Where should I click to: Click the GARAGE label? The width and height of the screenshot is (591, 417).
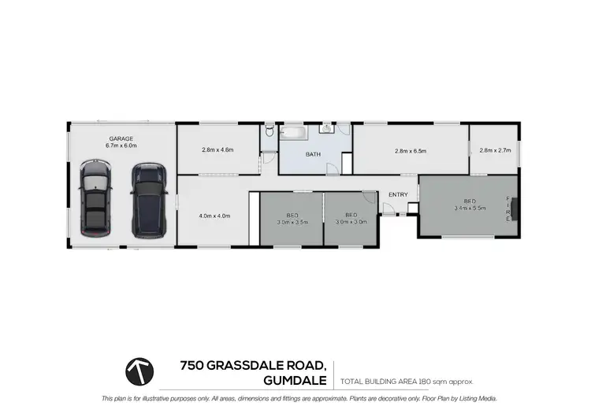(x=121, y=138)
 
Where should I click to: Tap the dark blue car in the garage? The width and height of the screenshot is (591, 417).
(x=148, y=201)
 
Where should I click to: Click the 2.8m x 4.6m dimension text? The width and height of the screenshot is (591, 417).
(x=218, y=149)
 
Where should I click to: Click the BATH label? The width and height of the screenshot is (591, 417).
(x=313, y=154)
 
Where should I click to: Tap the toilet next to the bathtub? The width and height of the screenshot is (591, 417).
(x=269, y=131)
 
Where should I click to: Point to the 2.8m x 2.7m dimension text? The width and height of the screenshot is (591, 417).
(x=495, y=150)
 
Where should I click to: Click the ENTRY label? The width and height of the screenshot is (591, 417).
(x=398, y=194)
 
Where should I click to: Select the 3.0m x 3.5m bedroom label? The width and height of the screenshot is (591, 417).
(x=292, y=219)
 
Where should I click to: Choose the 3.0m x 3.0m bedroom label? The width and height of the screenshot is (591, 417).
(x=351, y=219)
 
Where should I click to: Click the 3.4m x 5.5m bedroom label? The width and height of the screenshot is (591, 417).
(x=470, y=205)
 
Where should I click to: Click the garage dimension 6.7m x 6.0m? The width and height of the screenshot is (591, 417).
(x=121, y=146)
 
